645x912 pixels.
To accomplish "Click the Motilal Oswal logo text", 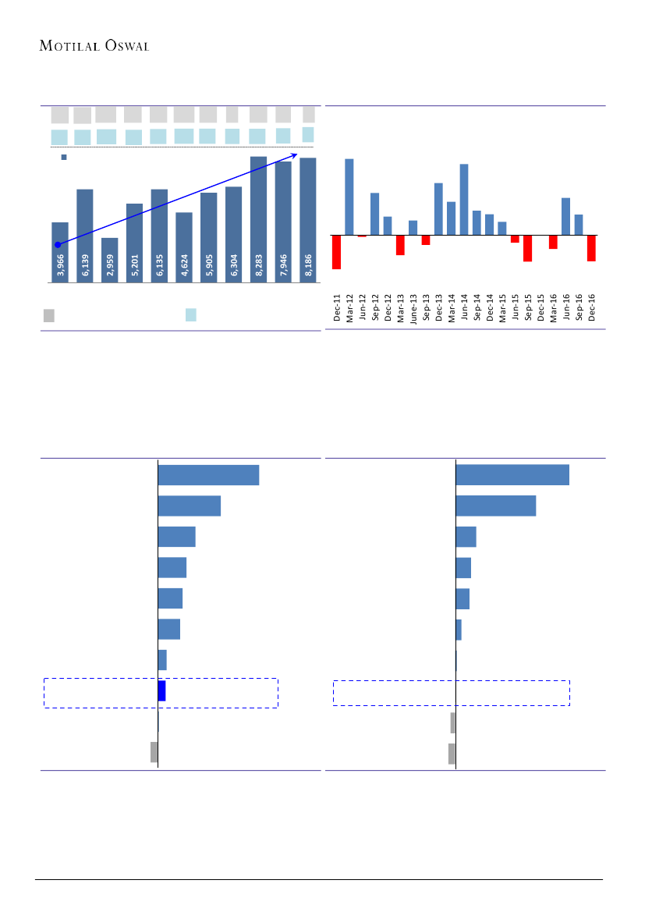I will click(x=94, y=45).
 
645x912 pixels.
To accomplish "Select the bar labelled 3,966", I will click(x=60, y=251).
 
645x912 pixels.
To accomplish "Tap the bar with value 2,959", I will click(x=110, y=260).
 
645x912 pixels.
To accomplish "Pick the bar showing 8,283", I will click(x=258, y=218).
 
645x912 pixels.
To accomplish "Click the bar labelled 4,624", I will click(x=184, y=247).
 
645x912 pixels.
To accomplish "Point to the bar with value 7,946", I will click(x=283, y=221).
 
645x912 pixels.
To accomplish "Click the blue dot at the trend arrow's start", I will click(x=58, y=245).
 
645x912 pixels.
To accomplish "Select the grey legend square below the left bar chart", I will click(x=49, y=315).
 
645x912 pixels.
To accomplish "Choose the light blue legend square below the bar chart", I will click(x=191, y=314).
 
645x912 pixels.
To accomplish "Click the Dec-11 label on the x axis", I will click(x=337, y=308).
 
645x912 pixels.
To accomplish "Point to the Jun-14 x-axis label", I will click(x=464, y=308).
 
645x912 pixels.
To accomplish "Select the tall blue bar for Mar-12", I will click(x=349, y=197).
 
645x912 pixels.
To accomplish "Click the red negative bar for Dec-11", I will click(x=337, y=251).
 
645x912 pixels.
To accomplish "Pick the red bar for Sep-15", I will click(x=527, y=247).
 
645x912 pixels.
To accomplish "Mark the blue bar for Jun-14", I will click(x=464, y=199).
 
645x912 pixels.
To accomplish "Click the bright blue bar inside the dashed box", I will click(x=161, y=690).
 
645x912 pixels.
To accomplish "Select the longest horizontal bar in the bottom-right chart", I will click(x=512, y=474).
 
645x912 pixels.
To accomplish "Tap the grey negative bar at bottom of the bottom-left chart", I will click(x=154, y=752).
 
